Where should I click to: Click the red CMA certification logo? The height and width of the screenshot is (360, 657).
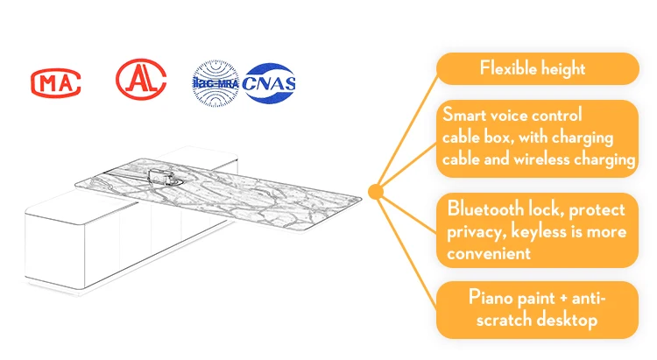coord(56,82)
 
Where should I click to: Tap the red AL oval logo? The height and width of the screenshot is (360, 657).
coord(141,79)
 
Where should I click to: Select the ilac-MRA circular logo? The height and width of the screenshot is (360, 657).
coord(215,83)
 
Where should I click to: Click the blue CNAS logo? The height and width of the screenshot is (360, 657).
coord(269,83)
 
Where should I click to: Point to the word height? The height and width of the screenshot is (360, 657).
coord(562,68)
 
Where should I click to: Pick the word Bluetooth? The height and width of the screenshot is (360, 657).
coord(485,208)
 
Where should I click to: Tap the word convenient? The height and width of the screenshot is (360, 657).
coord(489,253)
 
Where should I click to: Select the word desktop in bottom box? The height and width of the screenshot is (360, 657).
coord(567,321)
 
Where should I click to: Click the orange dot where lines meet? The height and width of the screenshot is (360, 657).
coord(376,192)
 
